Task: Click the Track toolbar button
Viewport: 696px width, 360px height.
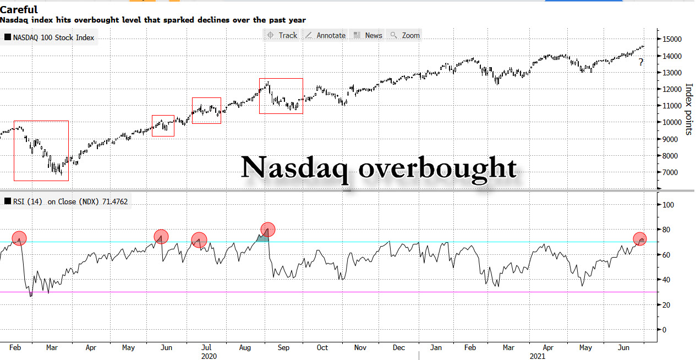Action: tap(282, 35)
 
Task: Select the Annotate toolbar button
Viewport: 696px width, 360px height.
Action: tap(325, 35)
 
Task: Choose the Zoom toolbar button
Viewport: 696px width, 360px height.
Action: tap(405, 35)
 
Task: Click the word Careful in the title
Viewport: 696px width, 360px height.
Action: tap(19, 9)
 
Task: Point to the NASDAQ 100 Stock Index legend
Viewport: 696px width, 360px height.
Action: tap(50, 37)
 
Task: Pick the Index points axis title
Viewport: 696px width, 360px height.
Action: tap(687, 110)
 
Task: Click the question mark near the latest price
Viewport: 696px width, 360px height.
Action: tap(641, 63)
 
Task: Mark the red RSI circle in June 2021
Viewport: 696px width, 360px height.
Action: tap(639, 239)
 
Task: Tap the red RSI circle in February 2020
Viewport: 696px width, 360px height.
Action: tap(19, 238)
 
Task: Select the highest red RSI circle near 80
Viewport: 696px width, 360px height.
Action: tap(268, 230)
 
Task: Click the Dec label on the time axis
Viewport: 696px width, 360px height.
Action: tap(399, 348)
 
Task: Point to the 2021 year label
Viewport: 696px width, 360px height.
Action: tap(537, 356)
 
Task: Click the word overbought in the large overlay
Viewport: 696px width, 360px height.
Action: tap(438, 168)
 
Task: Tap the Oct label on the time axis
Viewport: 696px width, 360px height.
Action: tap(322, 348)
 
